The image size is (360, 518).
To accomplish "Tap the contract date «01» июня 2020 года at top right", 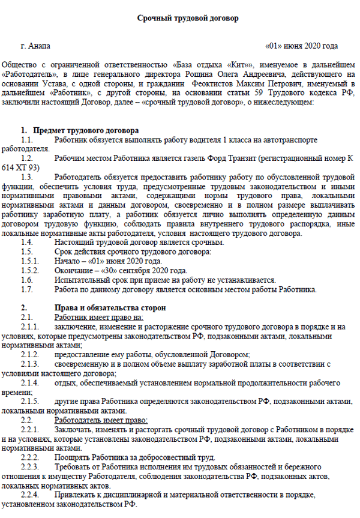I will pos(301,46).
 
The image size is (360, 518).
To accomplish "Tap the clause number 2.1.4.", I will pos(29,382).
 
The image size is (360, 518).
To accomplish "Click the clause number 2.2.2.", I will pos(29,457).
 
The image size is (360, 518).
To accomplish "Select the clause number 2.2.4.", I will pos(29,495).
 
